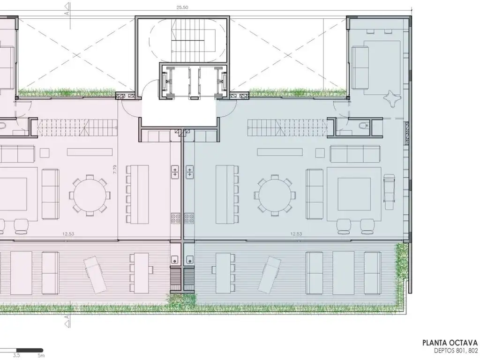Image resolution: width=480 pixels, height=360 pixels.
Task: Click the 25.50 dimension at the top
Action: [x=182, y=7]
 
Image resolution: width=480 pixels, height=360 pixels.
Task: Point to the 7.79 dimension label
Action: [x=115, y=170]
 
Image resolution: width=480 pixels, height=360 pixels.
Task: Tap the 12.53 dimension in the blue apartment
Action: [x=296, y=234]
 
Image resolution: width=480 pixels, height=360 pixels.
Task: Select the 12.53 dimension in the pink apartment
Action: [x=68, y=234]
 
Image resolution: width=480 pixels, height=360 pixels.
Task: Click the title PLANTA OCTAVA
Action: [x=450, y=343]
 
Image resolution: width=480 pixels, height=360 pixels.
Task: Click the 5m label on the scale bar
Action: [x=41, y=355]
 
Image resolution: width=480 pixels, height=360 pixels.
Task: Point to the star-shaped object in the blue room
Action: [x=391, y=98]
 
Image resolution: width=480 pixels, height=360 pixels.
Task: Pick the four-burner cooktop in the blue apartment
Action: [x=189, y=218]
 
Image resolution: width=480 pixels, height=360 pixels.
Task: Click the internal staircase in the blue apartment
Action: [x=287, y=127]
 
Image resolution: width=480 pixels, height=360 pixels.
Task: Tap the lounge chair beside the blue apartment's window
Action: [x=389, y=192]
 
